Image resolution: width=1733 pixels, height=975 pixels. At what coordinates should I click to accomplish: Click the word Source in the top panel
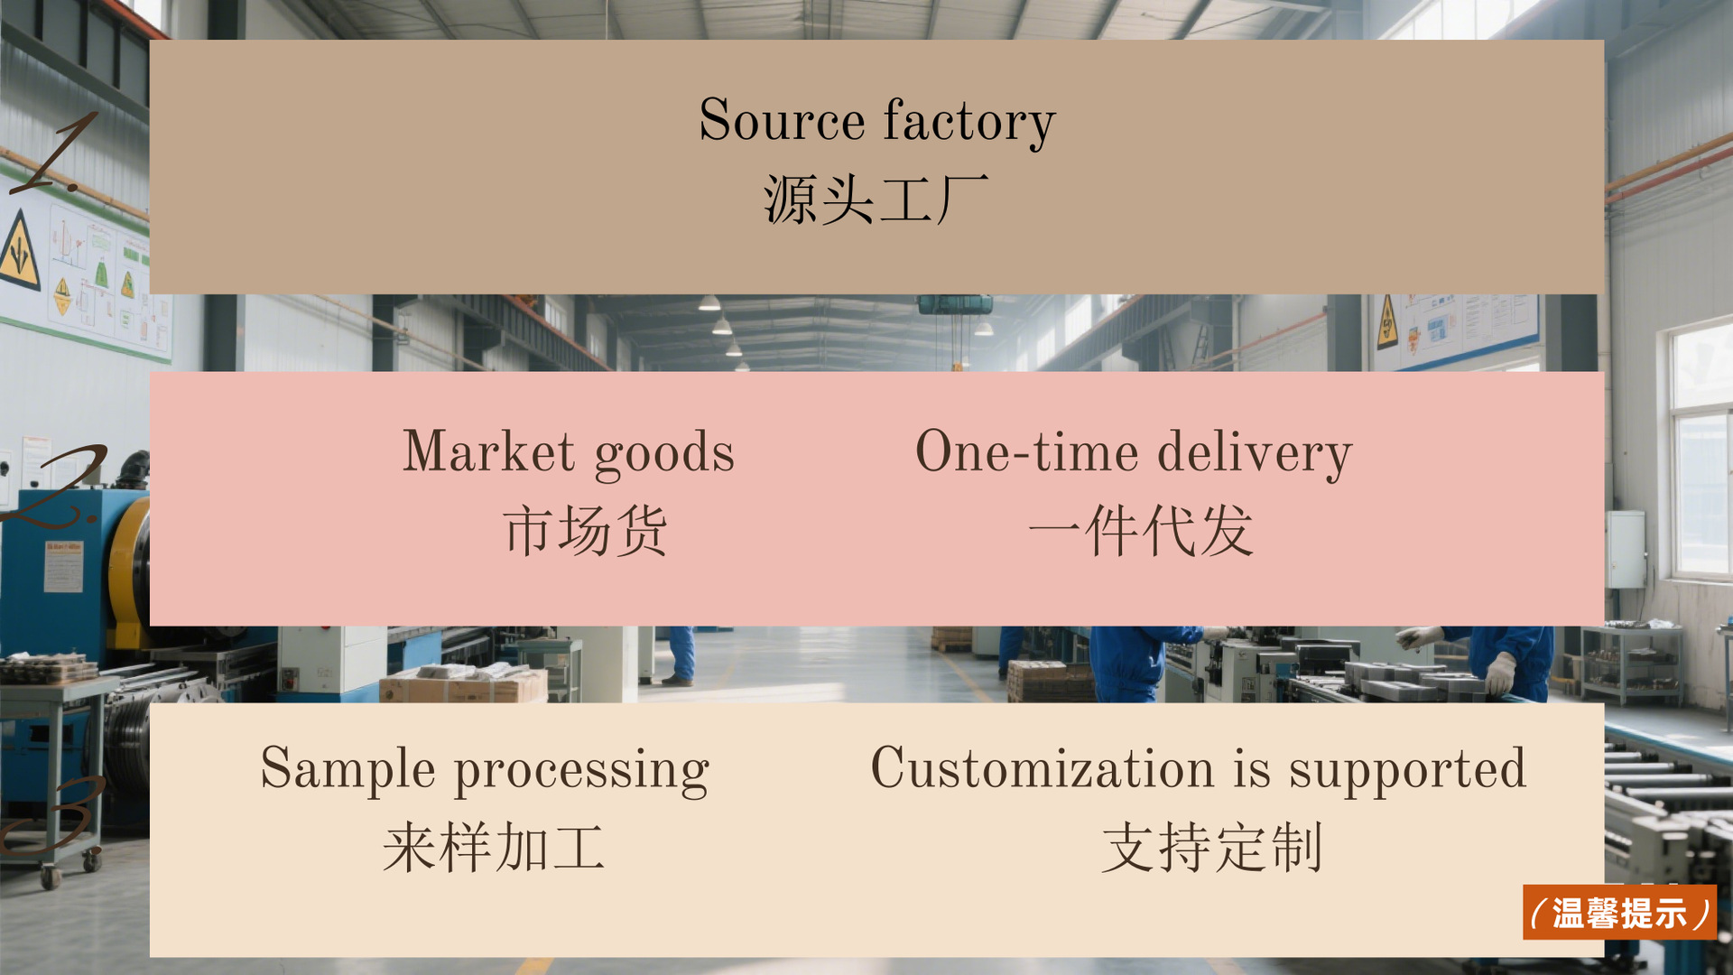782,120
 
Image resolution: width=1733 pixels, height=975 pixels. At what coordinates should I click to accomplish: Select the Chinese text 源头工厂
876,200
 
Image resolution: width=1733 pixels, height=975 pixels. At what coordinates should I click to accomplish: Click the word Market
488,451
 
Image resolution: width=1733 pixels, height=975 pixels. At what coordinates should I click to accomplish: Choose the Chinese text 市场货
585,531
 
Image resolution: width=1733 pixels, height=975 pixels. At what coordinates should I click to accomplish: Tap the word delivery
1255,453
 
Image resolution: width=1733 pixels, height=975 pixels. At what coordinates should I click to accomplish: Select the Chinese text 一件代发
1141,531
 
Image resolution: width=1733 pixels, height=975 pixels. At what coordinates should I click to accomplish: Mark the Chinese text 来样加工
493,848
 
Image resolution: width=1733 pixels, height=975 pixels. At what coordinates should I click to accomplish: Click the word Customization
1042,768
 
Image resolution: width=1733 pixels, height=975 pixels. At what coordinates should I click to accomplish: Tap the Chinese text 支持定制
1211,848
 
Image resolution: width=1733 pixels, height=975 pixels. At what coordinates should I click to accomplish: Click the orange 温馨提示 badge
1619,913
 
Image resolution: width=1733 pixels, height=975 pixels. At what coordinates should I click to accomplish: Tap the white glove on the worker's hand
1499,673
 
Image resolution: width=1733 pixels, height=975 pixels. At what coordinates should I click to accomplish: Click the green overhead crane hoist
955,305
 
